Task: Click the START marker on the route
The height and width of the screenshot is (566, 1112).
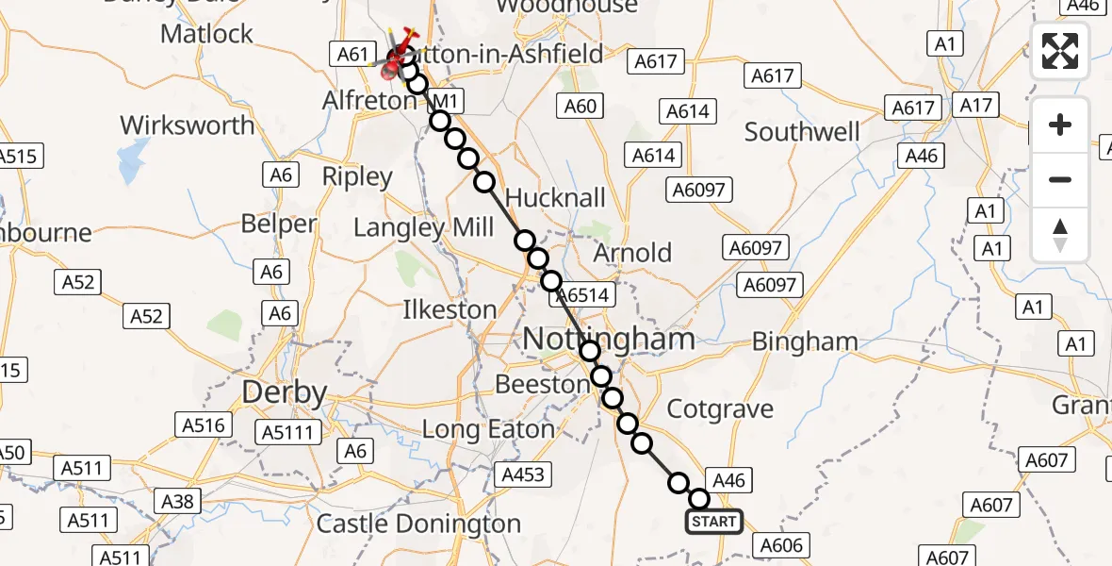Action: [713, 522]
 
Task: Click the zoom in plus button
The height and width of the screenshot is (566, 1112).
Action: [1060, 125]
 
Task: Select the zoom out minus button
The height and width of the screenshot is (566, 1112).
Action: [1060, 179]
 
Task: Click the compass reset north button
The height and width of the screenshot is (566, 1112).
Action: [1060, 235]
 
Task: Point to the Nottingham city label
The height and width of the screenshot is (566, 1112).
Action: [609, 339]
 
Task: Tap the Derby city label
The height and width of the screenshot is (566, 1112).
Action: [285, 393]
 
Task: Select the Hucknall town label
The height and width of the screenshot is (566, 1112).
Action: [556, 198]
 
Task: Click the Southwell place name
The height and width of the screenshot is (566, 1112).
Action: [802, 132]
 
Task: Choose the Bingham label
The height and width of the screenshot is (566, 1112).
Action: [805, 341]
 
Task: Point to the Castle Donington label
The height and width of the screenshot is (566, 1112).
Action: [418, 524]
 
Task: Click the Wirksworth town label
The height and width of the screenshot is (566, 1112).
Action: [188, 125]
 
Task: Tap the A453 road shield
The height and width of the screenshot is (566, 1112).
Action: [524, 474]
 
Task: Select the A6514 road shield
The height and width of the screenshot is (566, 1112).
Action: [584, 295]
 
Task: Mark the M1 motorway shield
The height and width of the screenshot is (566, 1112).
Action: [444, 101]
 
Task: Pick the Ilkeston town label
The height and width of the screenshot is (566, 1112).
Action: [450, 309]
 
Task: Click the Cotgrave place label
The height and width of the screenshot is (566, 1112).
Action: [720, 409]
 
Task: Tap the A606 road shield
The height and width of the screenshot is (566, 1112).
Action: [781, 544]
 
